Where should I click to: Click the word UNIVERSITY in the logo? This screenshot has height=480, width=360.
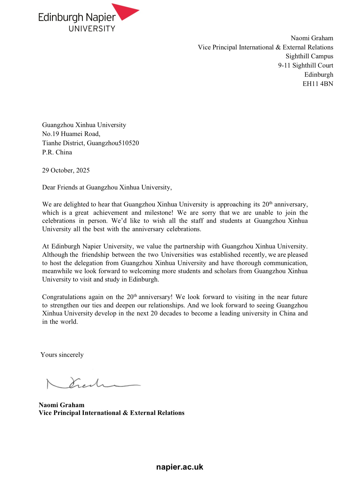[92, 28]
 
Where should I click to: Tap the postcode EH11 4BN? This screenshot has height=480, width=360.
[318, 84]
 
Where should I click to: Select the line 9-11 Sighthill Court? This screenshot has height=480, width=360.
[305, 65]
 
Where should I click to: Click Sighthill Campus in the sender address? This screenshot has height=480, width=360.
[309, 56]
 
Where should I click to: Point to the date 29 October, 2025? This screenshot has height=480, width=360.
[66, 170]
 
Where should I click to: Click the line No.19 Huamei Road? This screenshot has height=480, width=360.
[71, 134]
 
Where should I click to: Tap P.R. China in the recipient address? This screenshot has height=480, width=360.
[57, 152]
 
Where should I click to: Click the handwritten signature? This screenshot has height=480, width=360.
[92, 383]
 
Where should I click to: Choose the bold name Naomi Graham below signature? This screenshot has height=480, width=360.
[62, 405]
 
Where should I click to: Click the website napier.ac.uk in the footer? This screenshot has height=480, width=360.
[180, 467]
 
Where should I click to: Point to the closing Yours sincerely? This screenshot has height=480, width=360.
[62, 355]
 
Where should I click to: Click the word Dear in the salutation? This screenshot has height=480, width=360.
[49, 187]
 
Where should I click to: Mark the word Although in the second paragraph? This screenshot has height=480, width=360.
[55, 255]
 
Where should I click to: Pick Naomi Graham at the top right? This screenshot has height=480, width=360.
[312, 38]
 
